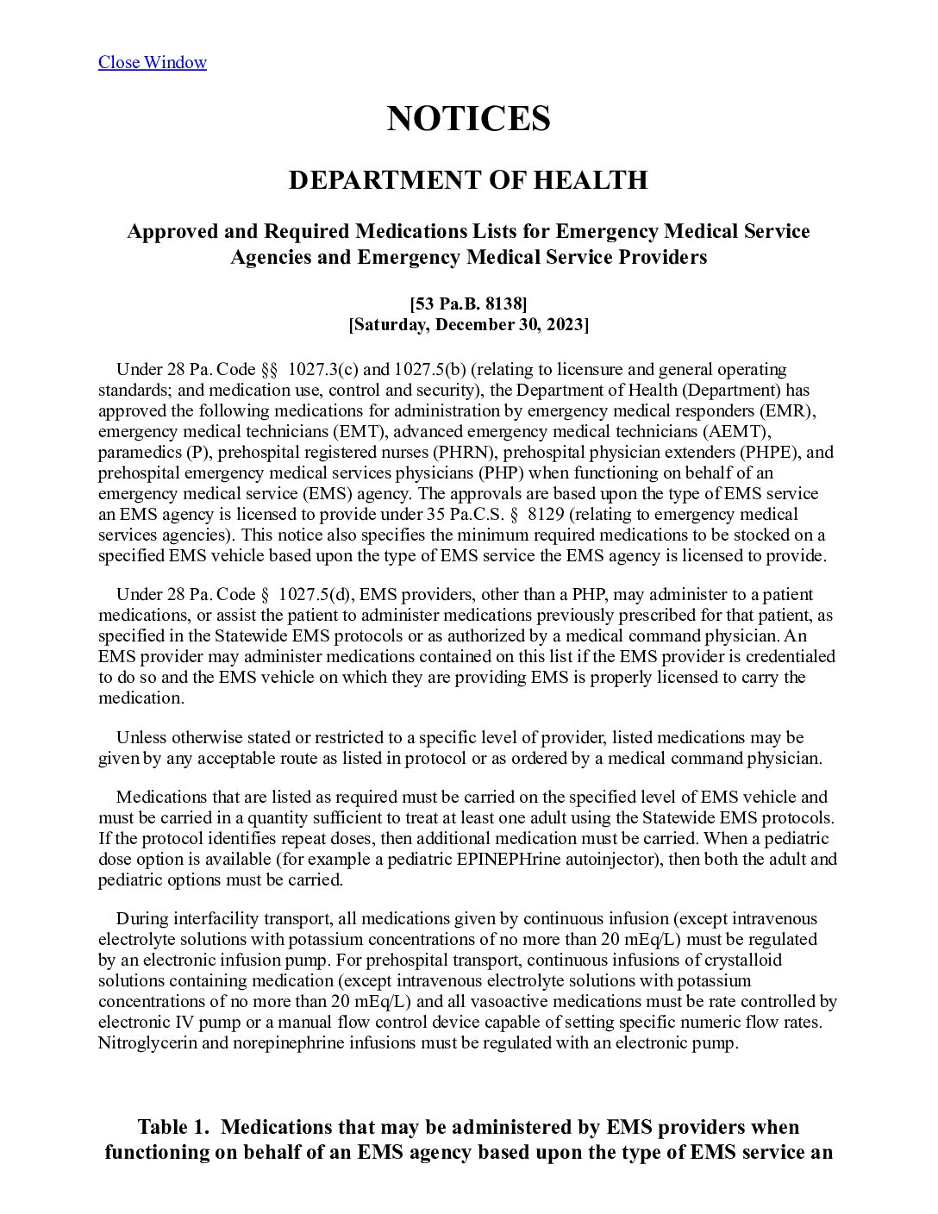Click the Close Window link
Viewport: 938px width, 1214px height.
click(x=152, y=62)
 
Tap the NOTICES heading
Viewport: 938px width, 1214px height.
click(x=468, y=118)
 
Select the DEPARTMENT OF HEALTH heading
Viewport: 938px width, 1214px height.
click(x=468, y=180)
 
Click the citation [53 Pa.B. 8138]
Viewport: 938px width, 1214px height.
click(x=468, y=303)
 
